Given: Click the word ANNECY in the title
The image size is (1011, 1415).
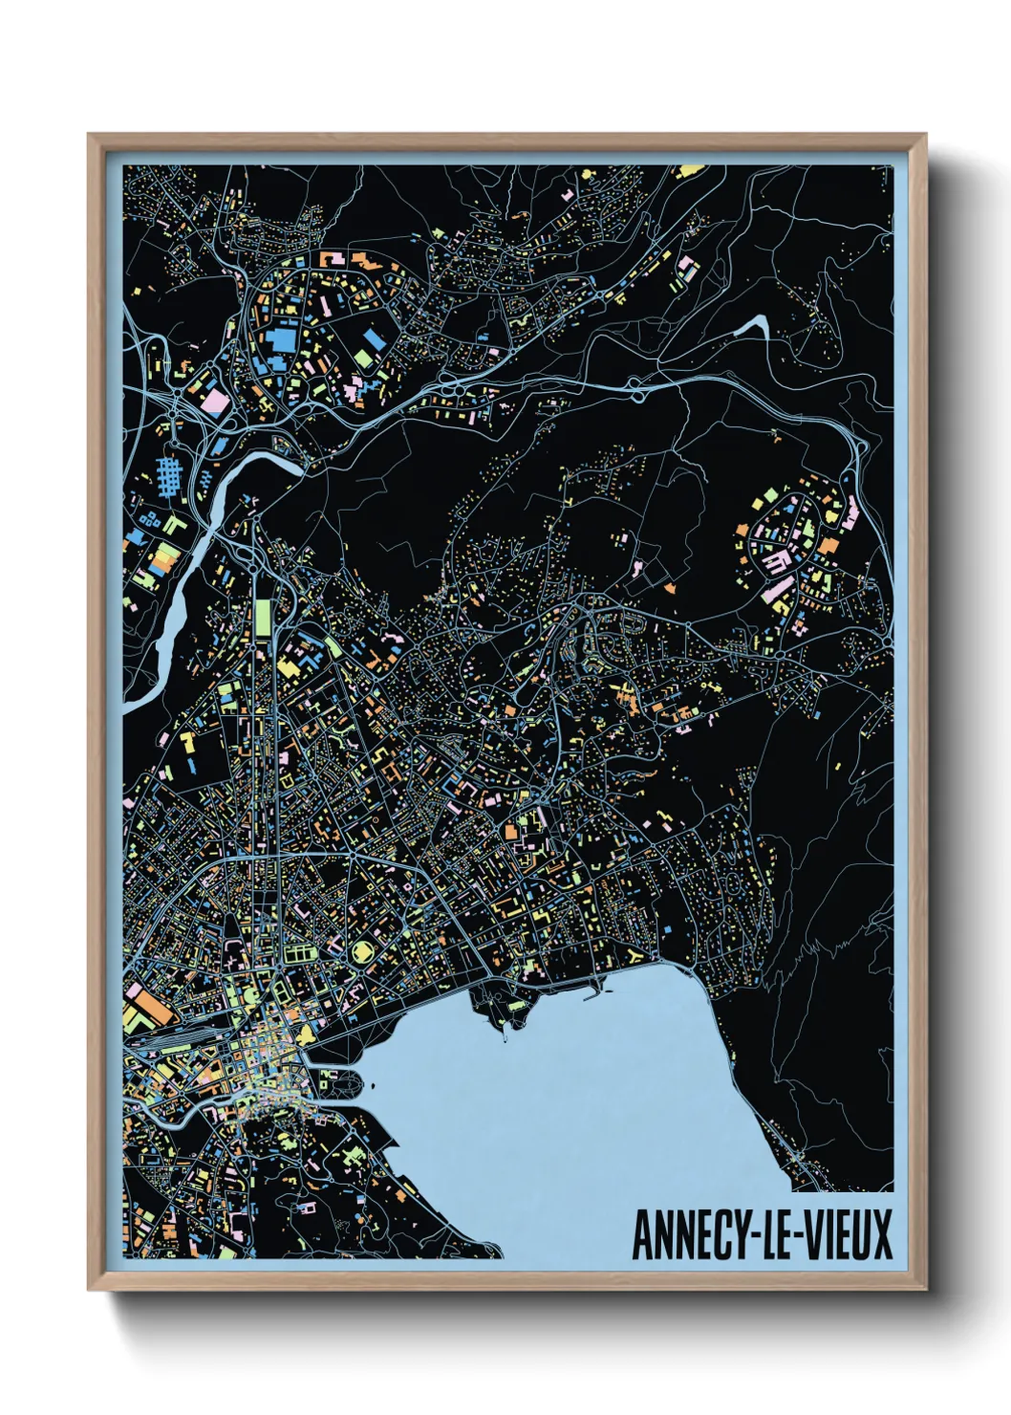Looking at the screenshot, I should click(x=691, y=1234).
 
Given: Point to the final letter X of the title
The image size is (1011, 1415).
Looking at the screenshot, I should click(x=880, y=1234).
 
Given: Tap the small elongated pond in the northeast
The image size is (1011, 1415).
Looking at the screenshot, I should click(x=754, y=326).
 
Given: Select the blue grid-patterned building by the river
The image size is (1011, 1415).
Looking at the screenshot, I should click(x=168, y=472).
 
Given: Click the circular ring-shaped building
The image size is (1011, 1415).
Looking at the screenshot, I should click(x=363, y=952).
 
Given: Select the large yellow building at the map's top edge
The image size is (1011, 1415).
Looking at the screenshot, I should click(x=689, y=172).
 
